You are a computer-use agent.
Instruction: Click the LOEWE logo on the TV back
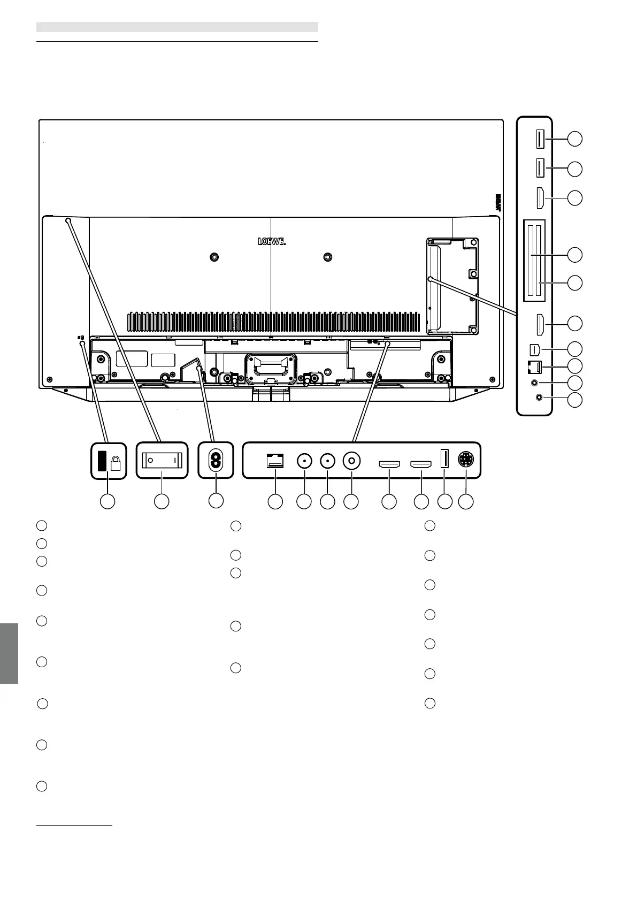tap(272, 241)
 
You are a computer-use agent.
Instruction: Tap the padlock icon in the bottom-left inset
tap(116, 463)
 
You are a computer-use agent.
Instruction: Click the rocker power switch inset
tap(162, 460)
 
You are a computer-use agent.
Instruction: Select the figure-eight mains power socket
tap(216, 460)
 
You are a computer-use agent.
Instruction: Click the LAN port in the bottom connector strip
tap(275, 461)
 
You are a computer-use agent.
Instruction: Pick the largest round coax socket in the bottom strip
tap(351, 461)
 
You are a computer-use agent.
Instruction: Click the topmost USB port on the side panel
tap(540, 139)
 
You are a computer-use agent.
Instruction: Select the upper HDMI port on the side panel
tap(540, 198)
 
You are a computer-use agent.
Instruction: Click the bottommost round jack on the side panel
tap(540, 397)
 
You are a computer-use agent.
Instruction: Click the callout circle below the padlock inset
tap(108, 501)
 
